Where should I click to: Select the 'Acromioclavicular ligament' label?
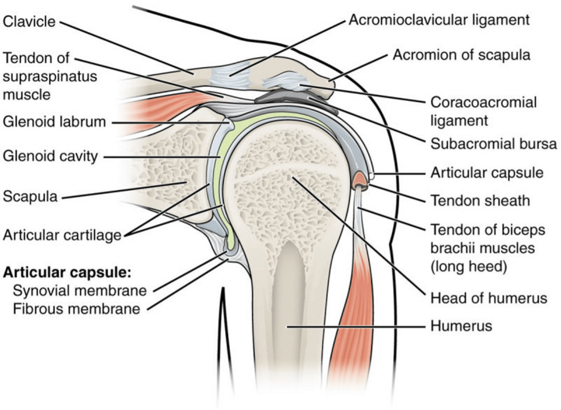point(439,20)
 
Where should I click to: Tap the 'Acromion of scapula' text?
point(461,55)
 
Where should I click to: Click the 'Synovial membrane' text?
point(80,290)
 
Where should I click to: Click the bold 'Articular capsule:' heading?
point(68,271)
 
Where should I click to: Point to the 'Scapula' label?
point(30,196)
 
